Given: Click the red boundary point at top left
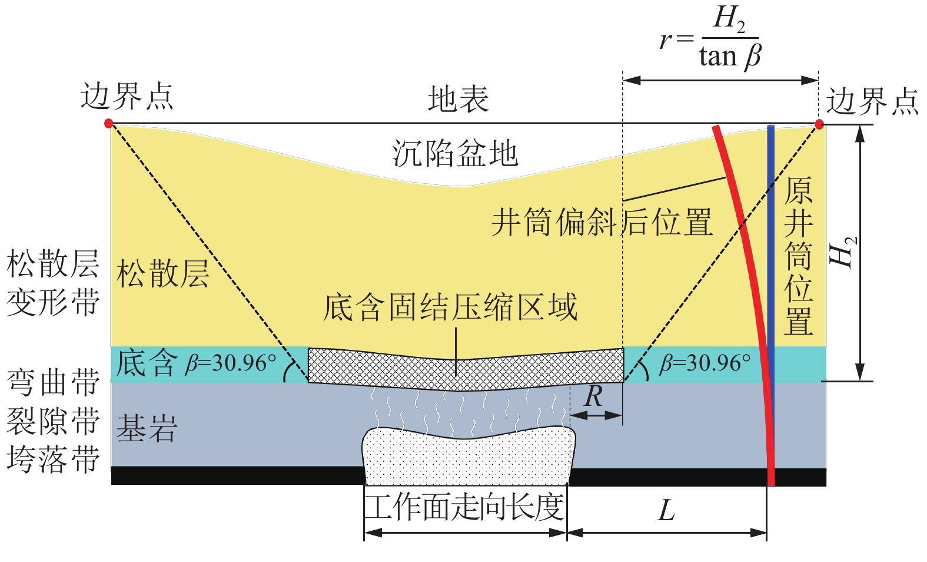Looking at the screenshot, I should coord(108,123).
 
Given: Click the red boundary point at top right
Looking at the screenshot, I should coord(819,124).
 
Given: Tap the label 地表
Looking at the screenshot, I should coord(458,98).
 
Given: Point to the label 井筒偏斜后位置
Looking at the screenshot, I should coord(602,223).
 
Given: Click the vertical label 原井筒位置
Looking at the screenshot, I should coord(798,256).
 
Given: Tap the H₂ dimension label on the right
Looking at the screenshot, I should coord(843,252).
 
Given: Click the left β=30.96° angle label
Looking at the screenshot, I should coord(230,363).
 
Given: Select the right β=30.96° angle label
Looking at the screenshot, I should coord(705,363).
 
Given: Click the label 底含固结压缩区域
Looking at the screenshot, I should coord(450,307).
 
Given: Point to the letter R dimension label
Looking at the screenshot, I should coord(594,396).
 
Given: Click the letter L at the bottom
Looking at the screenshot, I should coord(666,510).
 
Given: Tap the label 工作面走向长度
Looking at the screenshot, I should coord(464,507).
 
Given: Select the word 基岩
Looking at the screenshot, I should coord(147,428).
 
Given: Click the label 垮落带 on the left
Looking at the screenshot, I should coord(53,459).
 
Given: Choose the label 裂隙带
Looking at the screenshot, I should coord(53,421).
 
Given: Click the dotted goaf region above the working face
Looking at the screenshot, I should coord(468,457).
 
